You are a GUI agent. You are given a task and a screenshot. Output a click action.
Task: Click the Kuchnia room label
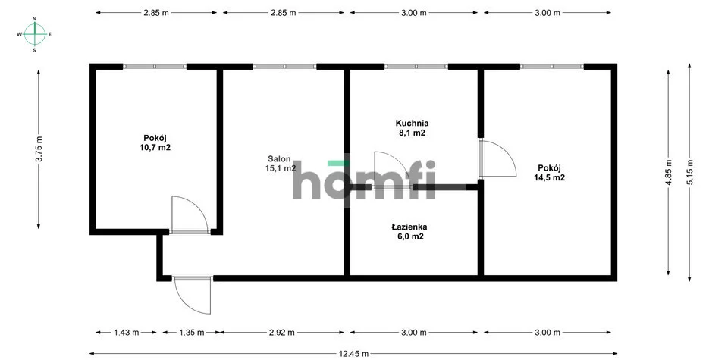pyautogui.click(x=412, y=124)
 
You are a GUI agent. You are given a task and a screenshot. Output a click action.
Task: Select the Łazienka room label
pyautogui.click(x=409, y=227)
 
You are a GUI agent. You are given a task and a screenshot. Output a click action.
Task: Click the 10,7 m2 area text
pyautogui.click(x=155, y=148)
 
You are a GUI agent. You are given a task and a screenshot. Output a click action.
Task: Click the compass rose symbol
pyautogui.click(x=34, y=34)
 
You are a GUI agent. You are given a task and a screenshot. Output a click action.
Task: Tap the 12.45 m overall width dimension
pyautogui.click(x=353, y=354)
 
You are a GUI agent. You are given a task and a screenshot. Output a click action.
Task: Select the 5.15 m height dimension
pyautogui.click(x=690, y=172)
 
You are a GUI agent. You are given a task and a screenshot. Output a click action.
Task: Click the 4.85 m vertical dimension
pyautogui.click(x=669, y=172)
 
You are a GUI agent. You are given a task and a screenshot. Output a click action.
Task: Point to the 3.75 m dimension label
pyautogui.click(x=39, y=149)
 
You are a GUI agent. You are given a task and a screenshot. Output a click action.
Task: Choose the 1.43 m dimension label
pyautogui.click(x=127, y=332)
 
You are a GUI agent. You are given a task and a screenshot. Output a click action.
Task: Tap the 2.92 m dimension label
pyautogui.click(x=282, y=332)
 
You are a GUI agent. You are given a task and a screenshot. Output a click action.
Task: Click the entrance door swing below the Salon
pyautogui.click(x=192, y=295)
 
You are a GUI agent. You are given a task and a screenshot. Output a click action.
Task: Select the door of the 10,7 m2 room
pyautogui.click(x=190, y=214)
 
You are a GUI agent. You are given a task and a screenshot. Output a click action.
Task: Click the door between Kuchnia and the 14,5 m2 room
pyautogui.click(x=497, y=158)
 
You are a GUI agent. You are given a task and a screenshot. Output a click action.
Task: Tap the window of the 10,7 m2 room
pyautogui.click(x=155, y=67)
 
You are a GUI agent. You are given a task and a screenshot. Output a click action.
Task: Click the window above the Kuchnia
pyautogui.click(x=416, y=67)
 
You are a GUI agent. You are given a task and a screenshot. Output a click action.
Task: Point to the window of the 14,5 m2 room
pyautogui.click(x=551, y=67)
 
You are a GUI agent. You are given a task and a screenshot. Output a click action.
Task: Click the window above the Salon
pyautogui.click(x=284, y=67)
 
